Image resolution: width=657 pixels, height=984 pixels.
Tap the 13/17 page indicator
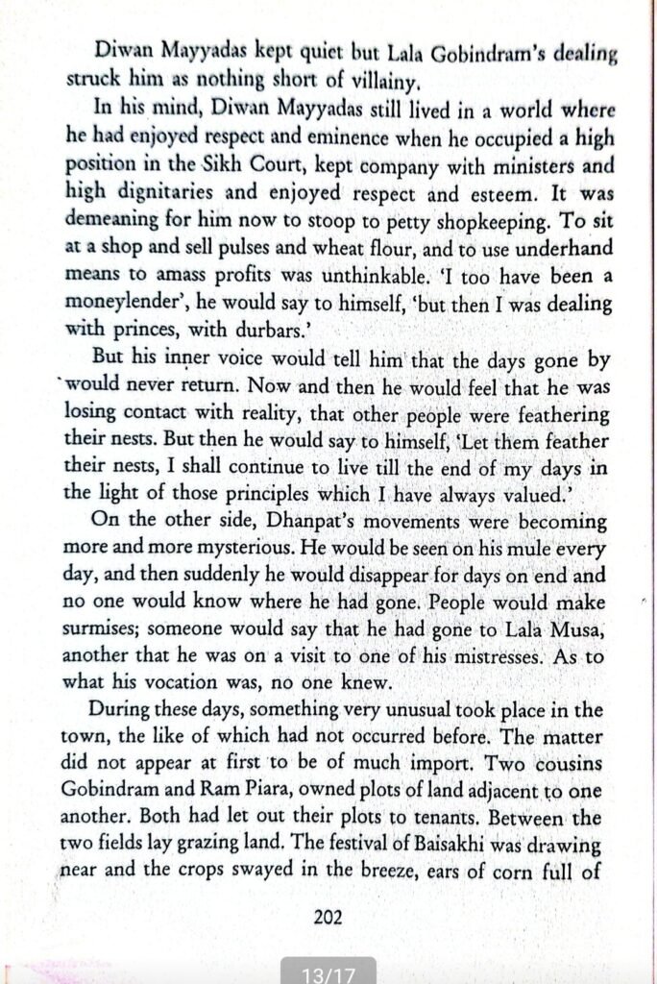point(328,973)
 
